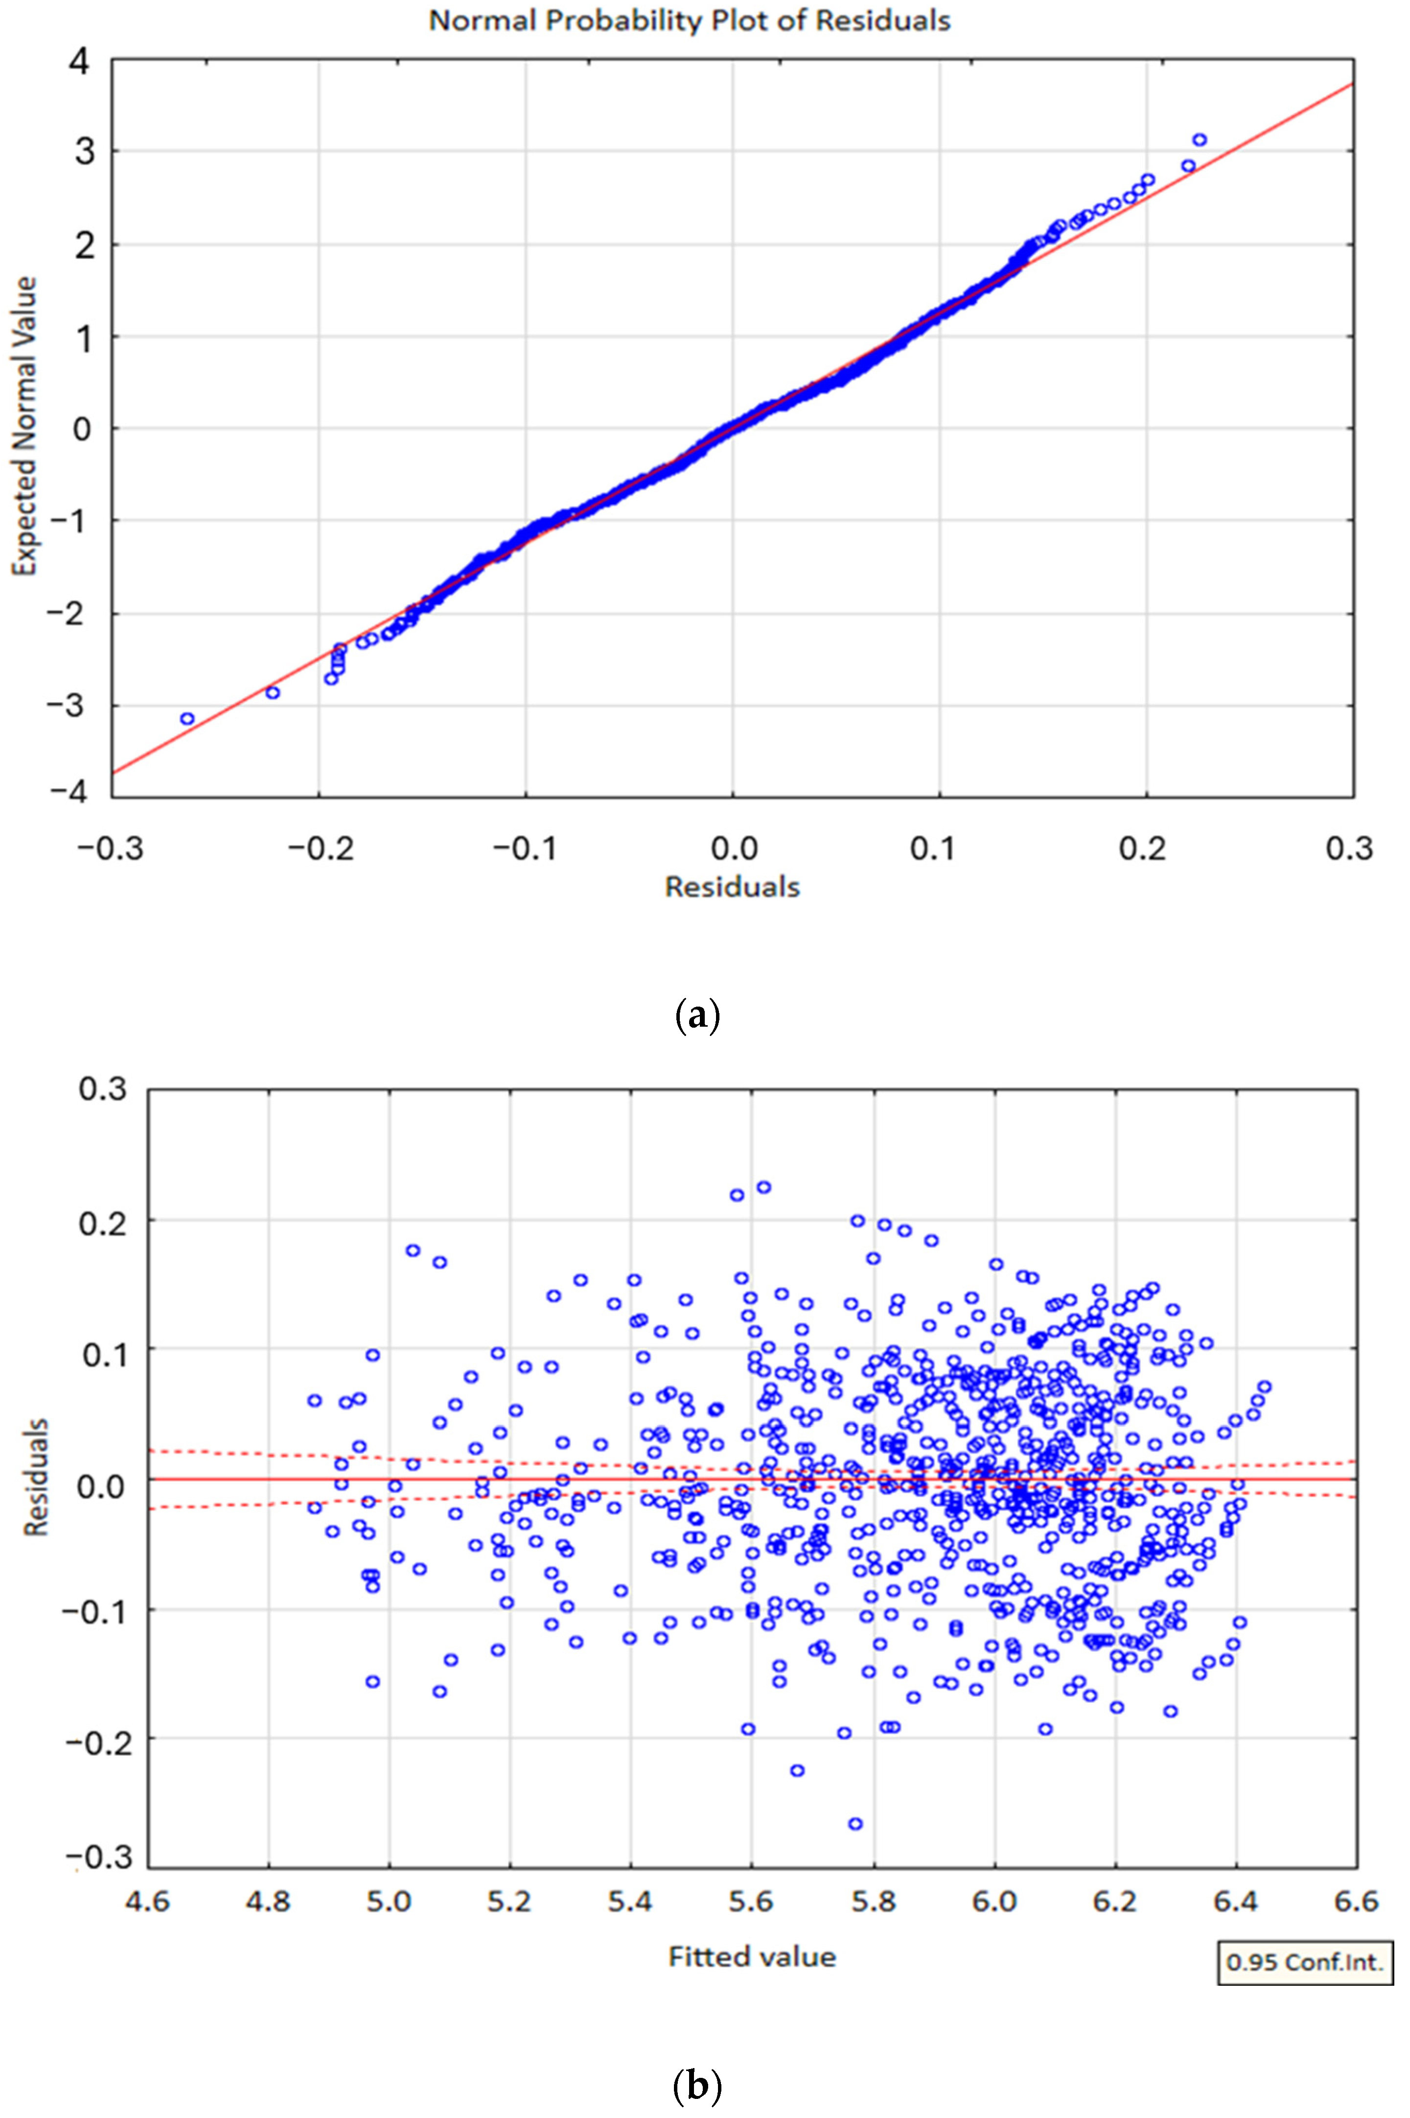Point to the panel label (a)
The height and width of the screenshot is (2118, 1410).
coord(697,1016)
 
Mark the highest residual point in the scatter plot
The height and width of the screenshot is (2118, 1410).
coord(763,1187)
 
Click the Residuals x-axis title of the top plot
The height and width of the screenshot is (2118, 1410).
coord(732,887)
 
